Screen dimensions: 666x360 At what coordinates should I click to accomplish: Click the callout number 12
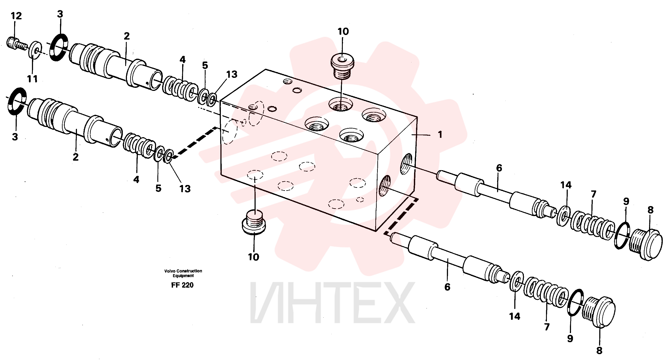pos(16,16)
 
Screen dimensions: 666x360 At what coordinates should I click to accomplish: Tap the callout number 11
pos(32,79)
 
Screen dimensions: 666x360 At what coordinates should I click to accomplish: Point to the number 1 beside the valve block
pos(440,135)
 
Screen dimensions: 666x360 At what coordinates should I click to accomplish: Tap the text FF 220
pos(182,285)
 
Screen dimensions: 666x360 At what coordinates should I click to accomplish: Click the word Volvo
pos(169,271)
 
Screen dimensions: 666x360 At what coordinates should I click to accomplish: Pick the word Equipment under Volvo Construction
pos(183,276)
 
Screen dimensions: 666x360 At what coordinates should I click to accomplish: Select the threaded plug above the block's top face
pos(342,66)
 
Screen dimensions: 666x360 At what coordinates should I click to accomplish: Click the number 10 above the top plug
pos(343,32)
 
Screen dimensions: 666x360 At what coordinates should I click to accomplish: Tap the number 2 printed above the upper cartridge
pos(127,36)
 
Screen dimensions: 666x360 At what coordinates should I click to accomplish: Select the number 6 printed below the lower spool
pos(447,287)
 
